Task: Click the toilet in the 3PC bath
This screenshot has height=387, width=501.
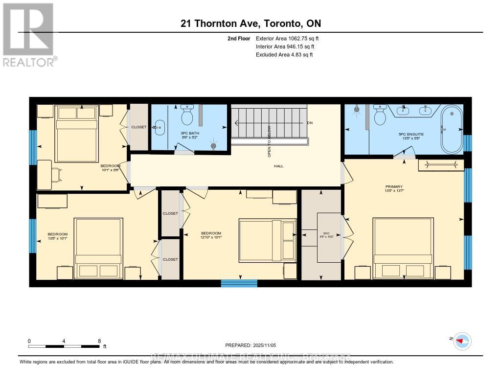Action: pos(187,115)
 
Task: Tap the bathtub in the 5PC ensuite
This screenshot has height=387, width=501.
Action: pos(451,129)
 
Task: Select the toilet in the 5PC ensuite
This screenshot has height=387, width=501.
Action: pos(380,116)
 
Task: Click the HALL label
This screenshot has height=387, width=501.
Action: pos(278,166)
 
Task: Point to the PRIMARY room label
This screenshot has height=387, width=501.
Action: pos(394,187)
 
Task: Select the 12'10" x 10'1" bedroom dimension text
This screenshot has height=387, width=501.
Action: pos(211,238)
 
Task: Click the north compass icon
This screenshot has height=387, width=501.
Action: pos(462,341)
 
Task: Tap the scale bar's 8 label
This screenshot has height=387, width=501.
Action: pos(99,341)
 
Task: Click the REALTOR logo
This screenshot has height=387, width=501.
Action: pos(28,34)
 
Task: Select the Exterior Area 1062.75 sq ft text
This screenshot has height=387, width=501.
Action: pos(287,38)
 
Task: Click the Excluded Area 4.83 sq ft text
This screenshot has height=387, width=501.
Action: pos(284,55)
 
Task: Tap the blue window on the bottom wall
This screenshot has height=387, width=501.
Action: pos(239,283)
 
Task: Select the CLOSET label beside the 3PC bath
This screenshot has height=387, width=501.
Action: pos(138,127)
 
